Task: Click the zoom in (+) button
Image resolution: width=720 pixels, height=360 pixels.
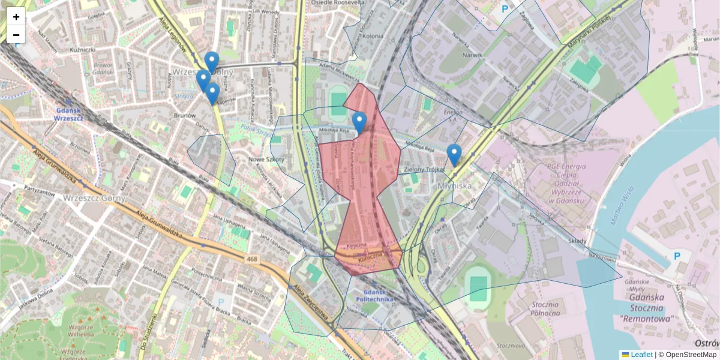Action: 16,17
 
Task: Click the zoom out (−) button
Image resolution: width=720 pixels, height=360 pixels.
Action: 16,35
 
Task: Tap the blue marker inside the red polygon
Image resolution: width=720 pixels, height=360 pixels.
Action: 359,123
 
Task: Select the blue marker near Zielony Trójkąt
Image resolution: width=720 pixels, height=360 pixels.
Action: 454,155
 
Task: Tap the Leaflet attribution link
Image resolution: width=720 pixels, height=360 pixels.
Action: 641,355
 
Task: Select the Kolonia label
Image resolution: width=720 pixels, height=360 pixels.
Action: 372,36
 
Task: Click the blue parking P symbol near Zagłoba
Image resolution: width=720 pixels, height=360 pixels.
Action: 505,9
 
